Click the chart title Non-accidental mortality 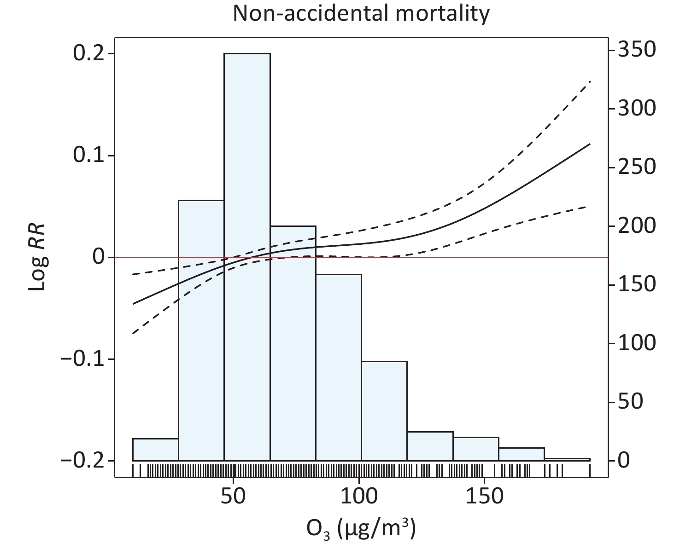point(361,13)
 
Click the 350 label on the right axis point(636,50)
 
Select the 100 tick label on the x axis point(359,497)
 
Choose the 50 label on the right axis point(630,402)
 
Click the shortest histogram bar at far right point(567,459)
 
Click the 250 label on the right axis point(636,167)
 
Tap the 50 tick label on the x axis point(234,497)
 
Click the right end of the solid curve point(590,144)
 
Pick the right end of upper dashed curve point(590,81)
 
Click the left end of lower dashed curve point(133,333)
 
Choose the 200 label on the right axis point(636,225)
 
